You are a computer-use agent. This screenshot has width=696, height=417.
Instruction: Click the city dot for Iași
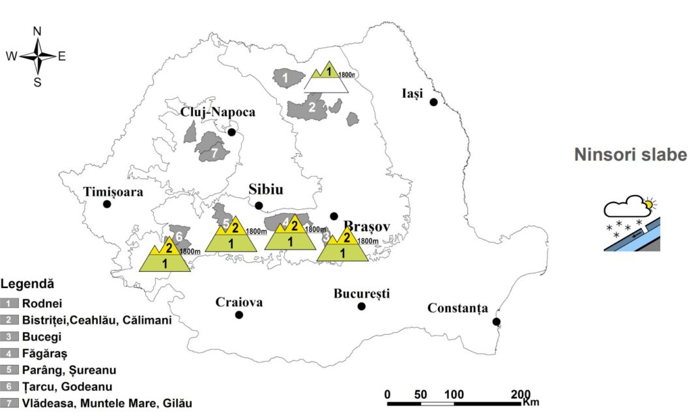point(433,102)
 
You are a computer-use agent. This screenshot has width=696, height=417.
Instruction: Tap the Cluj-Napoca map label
point(218,112)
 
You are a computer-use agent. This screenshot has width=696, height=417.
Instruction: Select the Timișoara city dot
point(107,204)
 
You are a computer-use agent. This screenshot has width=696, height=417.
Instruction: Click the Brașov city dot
point(334,216)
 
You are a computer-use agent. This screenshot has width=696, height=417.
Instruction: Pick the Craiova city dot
point(239,315)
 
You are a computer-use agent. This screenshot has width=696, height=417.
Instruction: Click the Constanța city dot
point(496,321)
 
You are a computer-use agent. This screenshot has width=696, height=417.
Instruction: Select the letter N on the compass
point(37,31)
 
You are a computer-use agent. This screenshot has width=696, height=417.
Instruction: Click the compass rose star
point(38,56)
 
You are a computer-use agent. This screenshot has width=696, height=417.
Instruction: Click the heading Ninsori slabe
point(630,154)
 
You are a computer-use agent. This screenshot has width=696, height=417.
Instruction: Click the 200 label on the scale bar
point(521,394)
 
